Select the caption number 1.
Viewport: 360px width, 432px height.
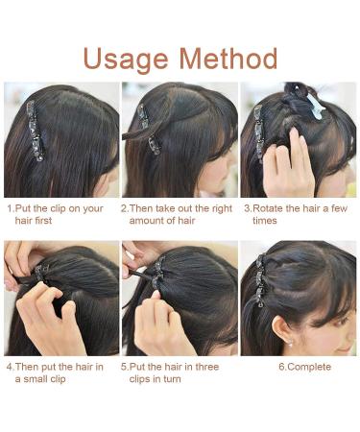point(10,207)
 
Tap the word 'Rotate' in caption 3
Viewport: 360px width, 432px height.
point(270,207)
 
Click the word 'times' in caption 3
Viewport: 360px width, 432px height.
point(266,220)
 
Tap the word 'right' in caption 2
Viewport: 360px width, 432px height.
point(214,207)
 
